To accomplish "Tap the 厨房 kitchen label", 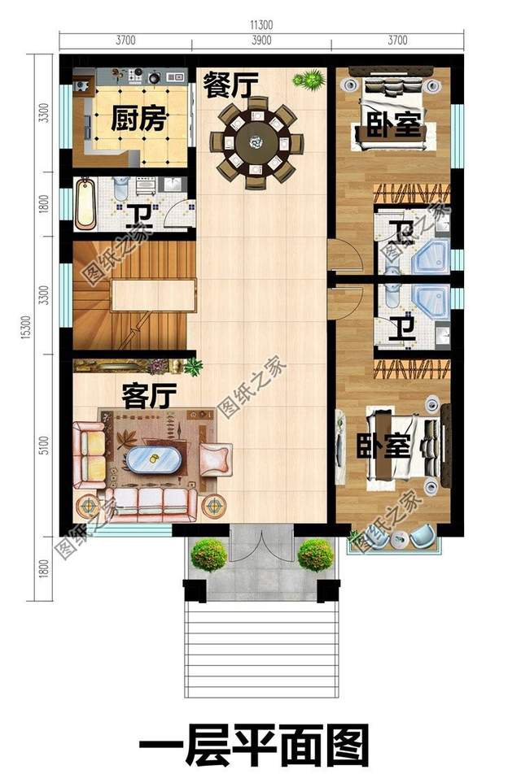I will point(139,120).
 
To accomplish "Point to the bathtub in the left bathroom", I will point(85,204).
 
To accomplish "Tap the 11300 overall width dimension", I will point(260,26).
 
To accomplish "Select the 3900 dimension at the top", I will point(260,41).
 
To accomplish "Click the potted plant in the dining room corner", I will point(308,80).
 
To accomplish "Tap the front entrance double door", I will point(260,543).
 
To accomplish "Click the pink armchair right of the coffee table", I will point(215,460).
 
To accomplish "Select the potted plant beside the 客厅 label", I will point(194,367).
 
